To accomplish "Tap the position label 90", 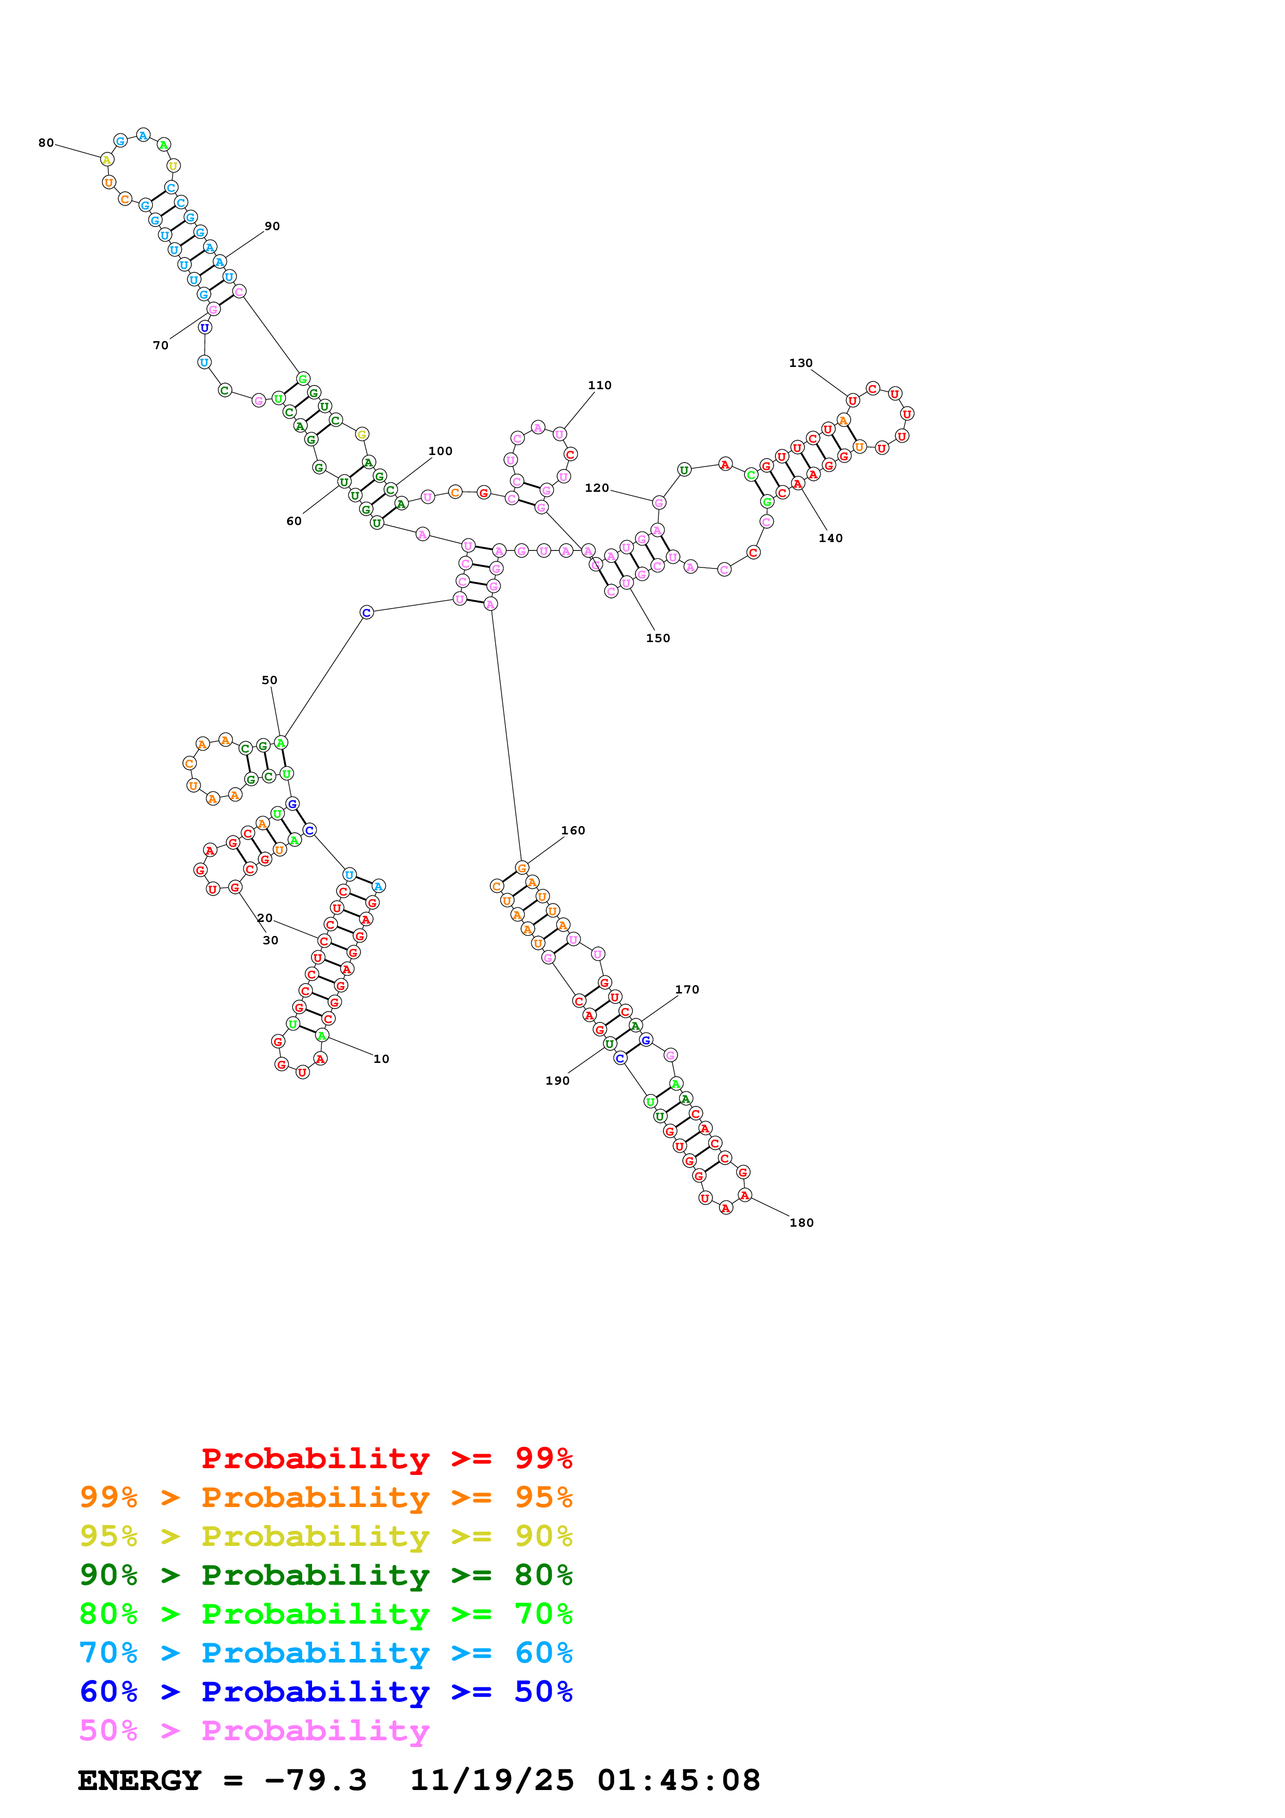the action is coord(272,226).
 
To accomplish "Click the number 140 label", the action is coord(830,538).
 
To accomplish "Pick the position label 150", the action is coord(658,638).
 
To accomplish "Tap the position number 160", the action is coord(573,831).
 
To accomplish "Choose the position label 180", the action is coord(801,1223).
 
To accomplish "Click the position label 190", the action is coord(557,1081).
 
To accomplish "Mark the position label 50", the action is coord(269,680).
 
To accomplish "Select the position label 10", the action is coord(381,1059).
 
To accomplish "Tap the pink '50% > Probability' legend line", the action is coord(254,1731).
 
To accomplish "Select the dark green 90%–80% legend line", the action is coord(326,1575).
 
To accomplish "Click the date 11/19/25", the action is coord(492,1781).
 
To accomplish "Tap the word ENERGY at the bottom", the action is coord(139,1781).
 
